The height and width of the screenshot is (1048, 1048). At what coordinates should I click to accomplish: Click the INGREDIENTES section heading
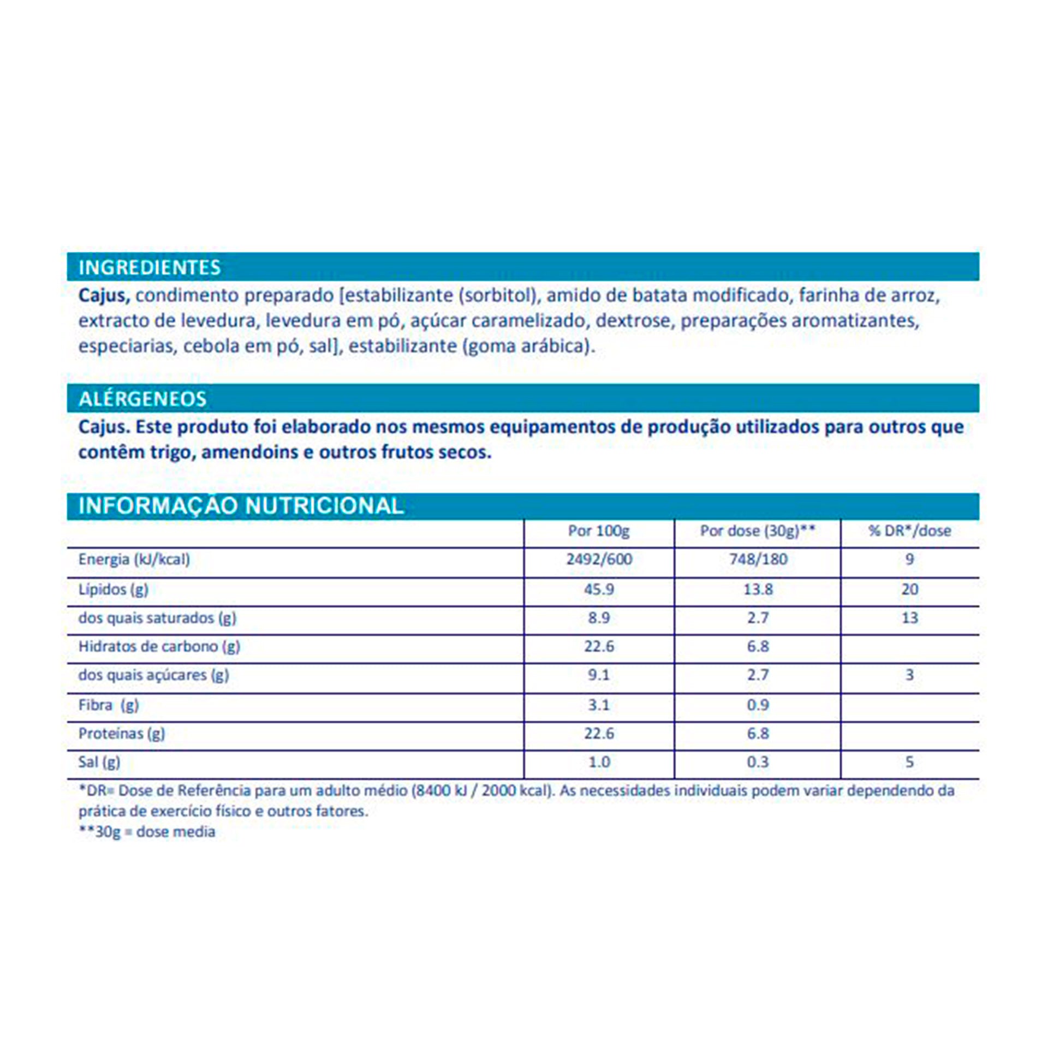coord(150,267)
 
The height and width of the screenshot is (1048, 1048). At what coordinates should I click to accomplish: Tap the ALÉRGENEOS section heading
coord(142,399)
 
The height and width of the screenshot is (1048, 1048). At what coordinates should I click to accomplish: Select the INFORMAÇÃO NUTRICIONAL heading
coord(241,506)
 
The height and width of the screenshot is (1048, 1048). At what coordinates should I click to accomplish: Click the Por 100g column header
coord(599,531)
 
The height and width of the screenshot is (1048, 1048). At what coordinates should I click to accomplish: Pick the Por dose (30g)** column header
coord(758,531)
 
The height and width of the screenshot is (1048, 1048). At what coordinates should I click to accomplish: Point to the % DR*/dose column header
coord(909,531)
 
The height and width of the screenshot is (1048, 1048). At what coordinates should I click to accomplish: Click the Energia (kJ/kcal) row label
coord(134,559)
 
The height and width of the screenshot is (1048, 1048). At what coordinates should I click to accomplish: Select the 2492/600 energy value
coord(599,559)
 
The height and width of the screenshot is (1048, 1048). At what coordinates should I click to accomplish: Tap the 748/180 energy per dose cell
coord(758,559)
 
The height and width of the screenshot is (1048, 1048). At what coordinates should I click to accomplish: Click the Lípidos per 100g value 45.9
coord(599,589)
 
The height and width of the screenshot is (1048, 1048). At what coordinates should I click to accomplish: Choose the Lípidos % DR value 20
coord(909,589)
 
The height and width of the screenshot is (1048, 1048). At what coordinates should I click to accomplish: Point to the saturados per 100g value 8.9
coord(599,618)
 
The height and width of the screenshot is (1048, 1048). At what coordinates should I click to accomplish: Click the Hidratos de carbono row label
coord(159,647)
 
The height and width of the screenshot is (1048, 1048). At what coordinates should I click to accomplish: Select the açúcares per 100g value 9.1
coord(599,675)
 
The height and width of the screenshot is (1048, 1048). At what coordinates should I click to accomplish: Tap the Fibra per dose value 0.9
coord(758,705)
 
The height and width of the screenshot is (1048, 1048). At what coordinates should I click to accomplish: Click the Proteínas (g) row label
coord(121,734)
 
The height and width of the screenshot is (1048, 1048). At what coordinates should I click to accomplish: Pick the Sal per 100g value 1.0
coord(599,762)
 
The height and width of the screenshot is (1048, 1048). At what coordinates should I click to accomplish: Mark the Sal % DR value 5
coord(909,762)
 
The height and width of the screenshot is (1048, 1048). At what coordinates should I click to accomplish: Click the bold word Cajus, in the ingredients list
coord(104,296)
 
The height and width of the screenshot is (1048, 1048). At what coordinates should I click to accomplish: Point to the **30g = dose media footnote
coord(147,832)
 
